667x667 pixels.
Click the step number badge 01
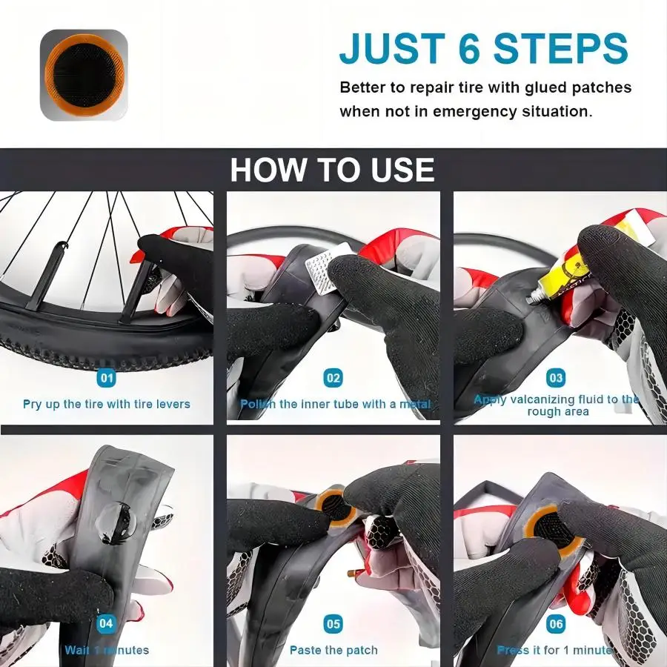pyautogui.click(x=107, y=378)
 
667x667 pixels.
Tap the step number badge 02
pyautogui.click(x=333, y=378)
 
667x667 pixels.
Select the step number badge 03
pyautogui.click(x=555, y=378)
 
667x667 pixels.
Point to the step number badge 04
pyautogui.click(x=106, y=623)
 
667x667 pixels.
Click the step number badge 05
pyautogui.click(x=333, y=624)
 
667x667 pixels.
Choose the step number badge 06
pyautogui.click(x=556, y=624)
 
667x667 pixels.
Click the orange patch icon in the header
pyautogui.click(x=84, y=75)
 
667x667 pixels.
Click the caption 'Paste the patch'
pyautogui.click(x=333, y=650)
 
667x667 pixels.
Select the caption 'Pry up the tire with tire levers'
pyautogui.click(x=107, y=404)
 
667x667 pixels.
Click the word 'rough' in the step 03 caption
pyautogui.click(x=544, y=412)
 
